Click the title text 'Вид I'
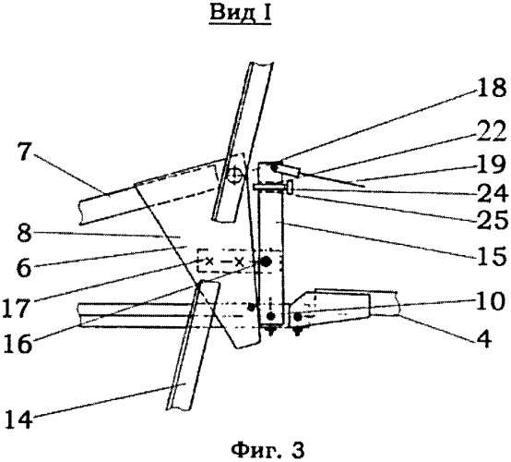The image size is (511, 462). pyautogui.click(x=240, y=14)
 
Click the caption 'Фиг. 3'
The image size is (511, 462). pyautogui.click(x=267, y=451)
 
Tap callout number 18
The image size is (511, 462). pyautogui.click(x=492, y=88)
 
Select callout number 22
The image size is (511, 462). pyautogui.click(x=492, y=131)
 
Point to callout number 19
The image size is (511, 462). pyautogui.click(x=492, y=164)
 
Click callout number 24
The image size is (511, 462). pyautogui.click(x=492, y=193)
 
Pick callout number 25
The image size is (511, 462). pyautogui.click(x=493, y=221)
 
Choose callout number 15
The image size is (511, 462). pyautogui.click(x=493, y=256)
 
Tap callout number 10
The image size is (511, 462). pyautogui.click(x=492, y=301)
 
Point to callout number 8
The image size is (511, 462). pyautogui.click(x=24, y=233)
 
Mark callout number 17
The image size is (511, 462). pyautogui.click(x=16, y=308)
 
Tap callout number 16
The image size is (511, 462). pyautogui.click(x=18, y=343)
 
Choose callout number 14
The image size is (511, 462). pyautogui.click(x=18, y=419)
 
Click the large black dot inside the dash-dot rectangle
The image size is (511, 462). pyautogui.click(x=266, y=261)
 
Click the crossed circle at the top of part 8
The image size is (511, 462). pyautogui.click(x=235, y=176)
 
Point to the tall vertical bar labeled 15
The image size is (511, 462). pyautogui.click(x=271, y=244)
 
